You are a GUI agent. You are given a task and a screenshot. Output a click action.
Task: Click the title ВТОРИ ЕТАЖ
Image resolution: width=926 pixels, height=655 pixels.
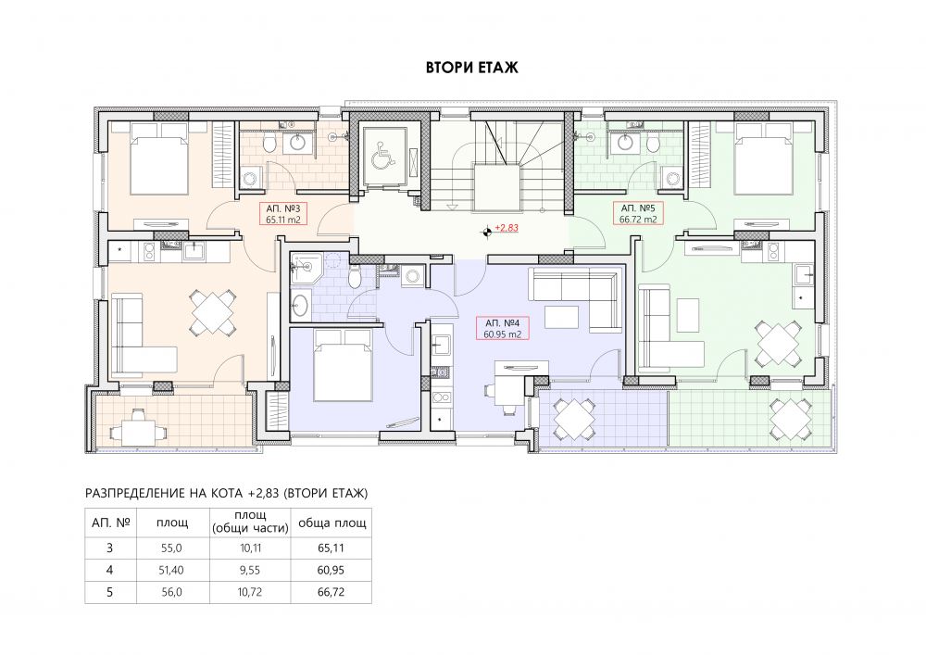[472, 68]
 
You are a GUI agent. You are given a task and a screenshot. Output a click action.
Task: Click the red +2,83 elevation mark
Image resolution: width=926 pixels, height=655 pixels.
[507, 227]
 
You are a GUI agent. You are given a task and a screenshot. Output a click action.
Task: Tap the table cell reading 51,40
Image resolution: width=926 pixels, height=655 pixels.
[172, 570]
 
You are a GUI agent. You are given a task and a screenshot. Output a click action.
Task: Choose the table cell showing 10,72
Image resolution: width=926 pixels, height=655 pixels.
[250, 592]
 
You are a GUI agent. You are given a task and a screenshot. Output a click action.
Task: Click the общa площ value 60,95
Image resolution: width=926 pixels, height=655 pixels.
[331, 570]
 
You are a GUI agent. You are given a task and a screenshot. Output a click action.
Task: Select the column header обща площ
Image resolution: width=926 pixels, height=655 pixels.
[332, 523]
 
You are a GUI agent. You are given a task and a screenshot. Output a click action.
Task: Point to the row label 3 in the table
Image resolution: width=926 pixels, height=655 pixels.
[110, 548]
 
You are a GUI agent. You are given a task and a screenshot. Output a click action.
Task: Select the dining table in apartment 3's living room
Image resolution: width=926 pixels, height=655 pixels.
[211, 311]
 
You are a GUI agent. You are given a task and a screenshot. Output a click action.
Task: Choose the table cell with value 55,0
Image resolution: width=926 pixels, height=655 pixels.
[172, 548]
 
